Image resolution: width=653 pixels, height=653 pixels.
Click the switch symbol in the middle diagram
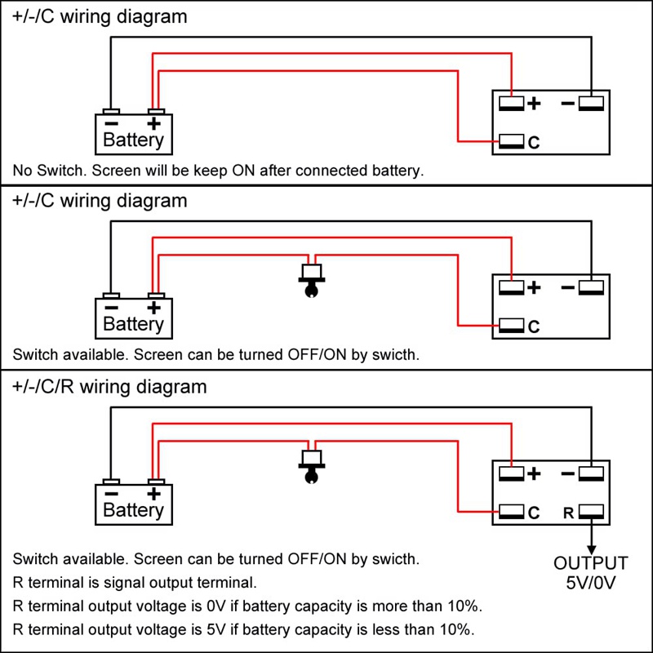[x=311, y=280]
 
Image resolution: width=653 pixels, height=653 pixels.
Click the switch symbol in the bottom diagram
[x=311, y=465]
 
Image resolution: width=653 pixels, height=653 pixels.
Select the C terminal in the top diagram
[x=512, y=142]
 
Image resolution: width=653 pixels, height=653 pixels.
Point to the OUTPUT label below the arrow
[x=592, y=563]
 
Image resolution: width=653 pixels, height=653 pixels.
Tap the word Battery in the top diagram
[x=134, y=140]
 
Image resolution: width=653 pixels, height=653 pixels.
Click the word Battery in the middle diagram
[x=134, y=324]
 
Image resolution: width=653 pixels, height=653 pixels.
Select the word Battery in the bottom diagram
[x=134, y=511]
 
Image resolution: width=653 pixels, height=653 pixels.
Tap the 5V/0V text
[x=592, y=583]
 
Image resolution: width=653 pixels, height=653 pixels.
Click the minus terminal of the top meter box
[x=590, y=104]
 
